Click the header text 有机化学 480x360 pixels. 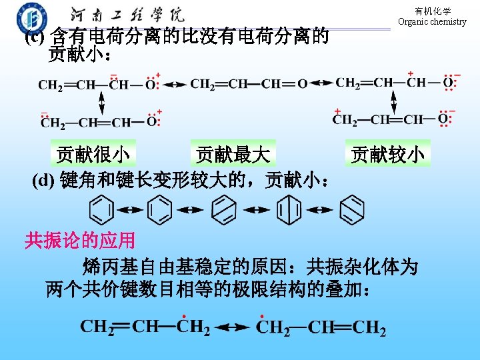(432, 11)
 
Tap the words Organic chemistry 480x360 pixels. (432, 22)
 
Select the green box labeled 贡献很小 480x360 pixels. (93, 155)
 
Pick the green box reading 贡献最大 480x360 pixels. (233, 155)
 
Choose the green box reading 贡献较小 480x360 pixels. (387, 155)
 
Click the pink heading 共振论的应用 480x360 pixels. (80, 240)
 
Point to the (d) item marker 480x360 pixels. (45, 180)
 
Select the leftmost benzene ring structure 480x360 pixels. (101, 210)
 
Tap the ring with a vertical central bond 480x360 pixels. (289, 210)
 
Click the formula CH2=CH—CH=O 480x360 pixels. (249, 84)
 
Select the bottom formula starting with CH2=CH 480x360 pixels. (145, 327)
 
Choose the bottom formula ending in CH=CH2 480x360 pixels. (321, 327)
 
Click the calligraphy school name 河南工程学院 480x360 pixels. (127, 15)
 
